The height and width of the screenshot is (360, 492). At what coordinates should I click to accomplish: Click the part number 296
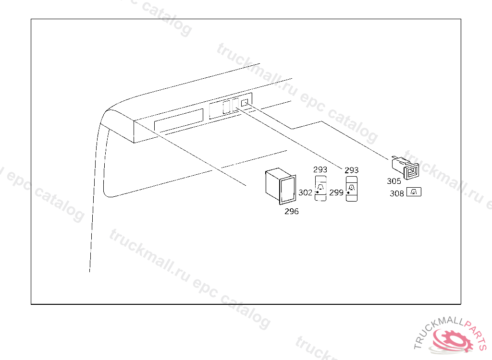[291, 211]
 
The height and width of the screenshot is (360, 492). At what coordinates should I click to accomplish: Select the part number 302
[306, 192]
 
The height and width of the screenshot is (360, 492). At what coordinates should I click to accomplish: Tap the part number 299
[336, 192]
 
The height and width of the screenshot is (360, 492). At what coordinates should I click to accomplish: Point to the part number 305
[394, 181]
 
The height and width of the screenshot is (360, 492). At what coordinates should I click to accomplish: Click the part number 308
[397, 193]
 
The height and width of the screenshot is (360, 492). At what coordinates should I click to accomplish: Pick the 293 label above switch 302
[320, 169]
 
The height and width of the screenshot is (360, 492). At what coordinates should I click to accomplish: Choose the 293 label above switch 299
[351, 170]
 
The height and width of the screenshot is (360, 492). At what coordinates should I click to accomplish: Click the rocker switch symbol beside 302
[320, 189]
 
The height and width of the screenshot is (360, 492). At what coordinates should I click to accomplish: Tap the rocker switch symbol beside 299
[352, 189]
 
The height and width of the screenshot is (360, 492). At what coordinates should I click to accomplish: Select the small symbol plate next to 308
[414, 192]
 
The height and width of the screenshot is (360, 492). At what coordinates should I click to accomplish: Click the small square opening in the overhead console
[245, 102]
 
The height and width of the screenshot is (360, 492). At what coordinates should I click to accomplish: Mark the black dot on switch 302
[317, 192]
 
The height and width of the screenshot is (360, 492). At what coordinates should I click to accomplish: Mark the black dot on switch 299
[348, 192]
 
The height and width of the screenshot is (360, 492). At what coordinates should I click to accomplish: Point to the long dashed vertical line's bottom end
[90, 271]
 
